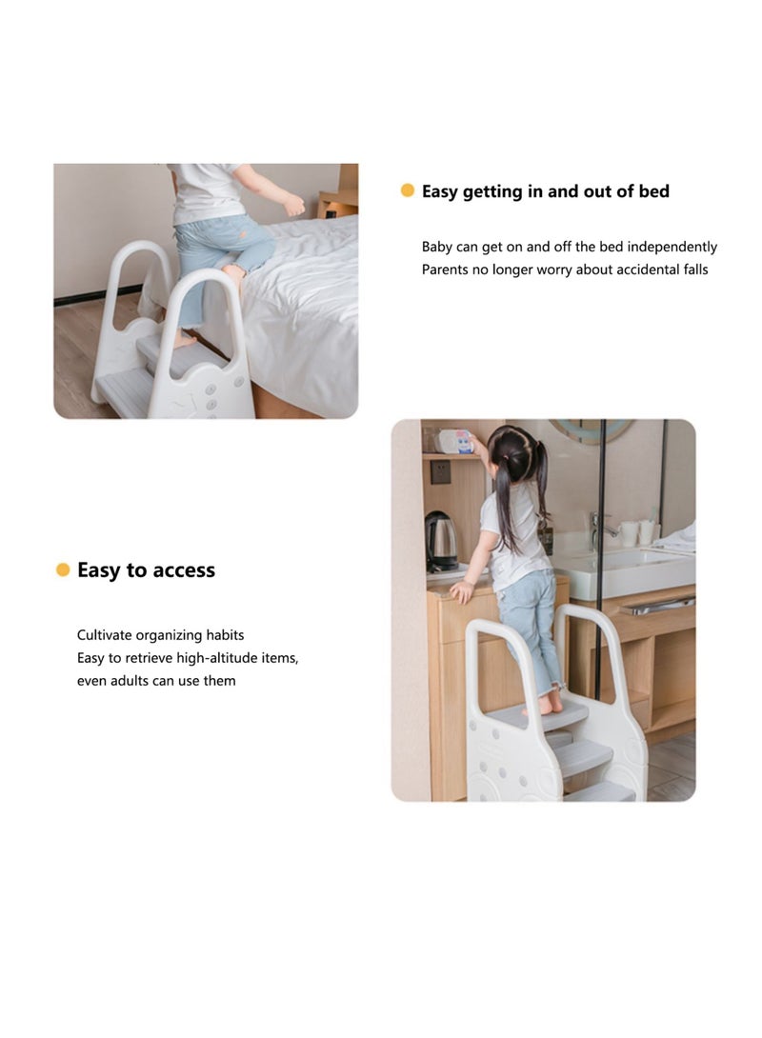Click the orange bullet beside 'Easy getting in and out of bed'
(x=407, y=190)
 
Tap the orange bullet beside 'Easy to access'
(x=63, y=570)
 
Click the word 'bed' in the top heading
(x=653, y=191)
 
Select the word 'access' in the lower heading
(x=184, y=570)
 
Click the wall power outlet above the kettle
(x=440, y=472)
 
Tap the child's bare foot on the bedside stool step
(x=184, y=340)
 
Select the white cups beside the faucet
(x=638, y=531)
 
